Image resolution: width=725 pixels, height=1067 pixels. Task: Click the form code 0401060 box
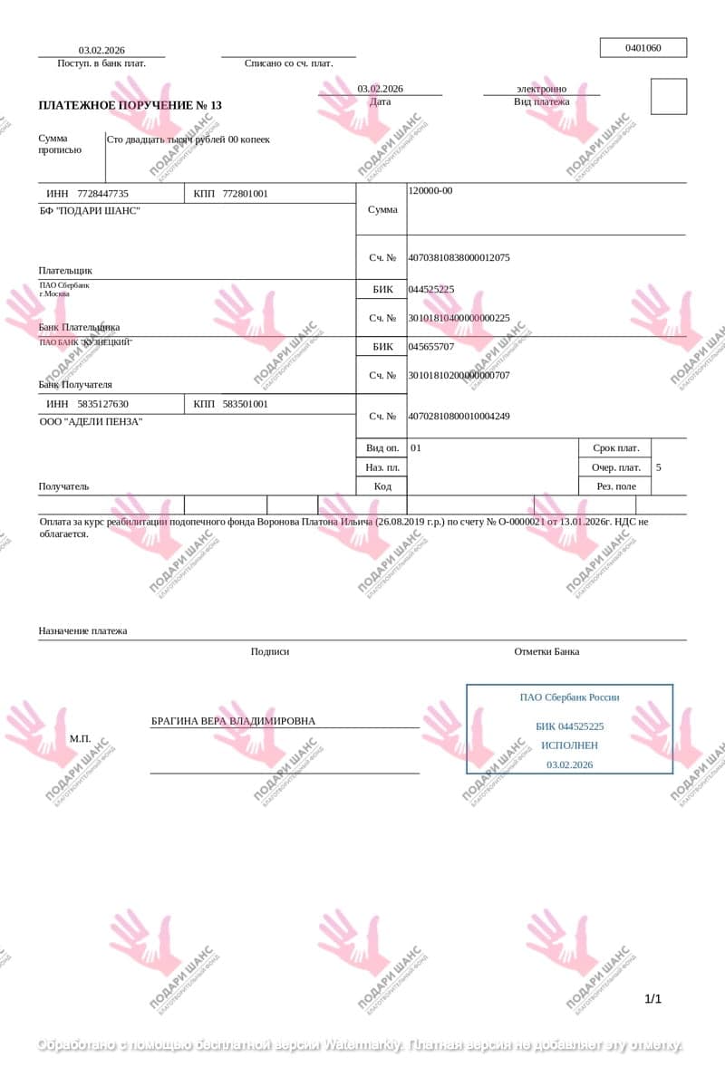point(643,48)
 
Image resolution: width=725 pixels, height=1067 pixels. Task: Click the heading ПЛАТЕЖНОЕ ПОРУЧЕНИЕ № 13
point(130,105)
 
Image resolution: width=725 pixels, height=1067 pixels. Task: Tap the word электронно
point(541,89)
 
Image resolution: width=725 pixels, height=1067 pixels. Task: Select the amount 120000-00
point(430,190)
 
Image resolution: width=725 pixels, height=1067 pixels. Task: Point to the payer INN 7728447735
point(102,194)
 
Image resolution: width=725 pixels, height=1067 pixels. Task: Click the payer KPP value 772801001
point(245,194)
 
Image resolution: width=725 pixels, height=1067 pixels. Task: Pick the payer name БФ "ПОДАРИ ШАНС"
point(90,211)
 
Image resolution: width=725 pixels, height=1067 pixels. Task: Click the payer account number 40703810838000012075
point(459,257)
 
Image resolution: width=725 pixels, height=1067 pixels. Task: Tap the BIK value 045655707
point(431,346)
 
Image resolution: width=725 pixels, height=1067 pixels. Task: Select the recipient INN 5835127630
point(102,404)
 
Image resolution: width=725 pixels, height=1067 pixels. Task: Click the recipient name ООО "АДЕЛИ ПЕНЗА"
point(91,421)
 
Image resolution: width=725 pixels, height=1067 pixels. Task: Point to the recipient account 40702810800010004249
point(459,416)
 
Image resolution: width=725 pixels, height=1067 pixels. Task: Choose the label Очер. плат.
point(616,467)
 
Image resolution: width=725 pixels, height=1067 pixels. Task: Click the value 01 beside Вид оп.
point(416,447)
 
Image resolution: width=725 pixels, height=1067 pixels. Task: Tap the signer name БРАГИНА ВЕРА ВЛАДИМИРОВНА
point(233,721)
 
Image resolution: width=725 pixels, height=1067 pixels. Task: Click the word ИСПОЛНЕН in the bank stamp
point(569,745)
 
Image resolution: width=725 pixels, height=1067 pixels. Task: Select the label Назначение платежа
point(82,630)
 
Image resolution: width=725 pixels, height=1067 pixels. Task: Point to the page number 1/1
point(652,999)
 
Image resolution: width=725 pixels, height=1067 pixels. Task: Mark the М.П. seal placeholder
point(81,738)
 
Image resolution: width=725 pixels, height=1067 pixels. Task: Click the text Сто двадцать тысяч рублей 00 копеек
point(188,139)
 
